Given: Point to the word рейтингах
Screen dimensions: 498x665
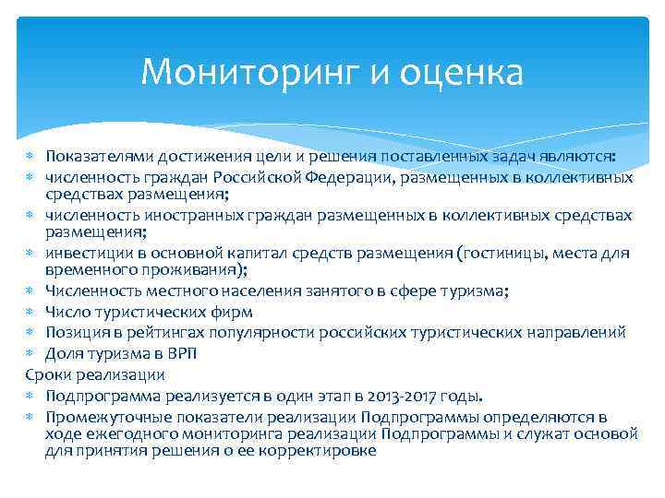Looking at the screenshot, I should [x=147, y=332].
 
